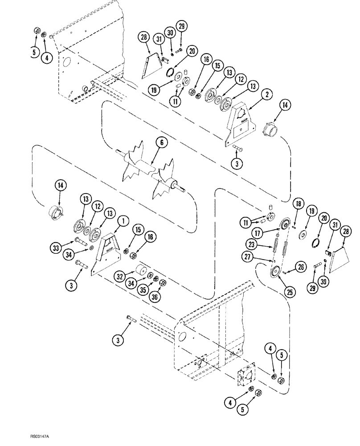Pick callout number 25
pos(278,292)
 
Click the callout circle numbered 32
pos(119,276)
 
